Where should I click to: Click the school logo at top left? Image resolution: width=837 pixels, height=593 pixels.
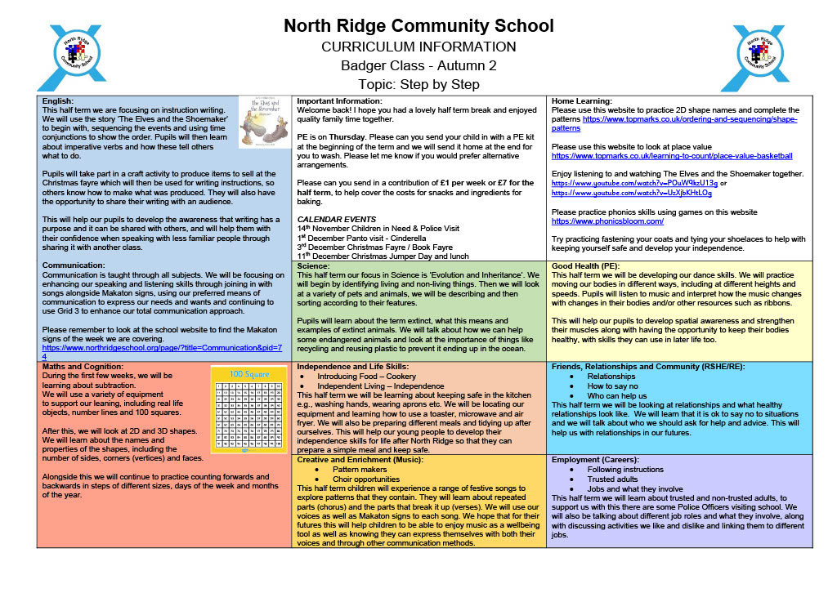[x=74, y=57]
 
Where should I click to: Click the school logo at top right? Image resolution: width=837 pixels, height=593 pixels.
[x=762, y=57]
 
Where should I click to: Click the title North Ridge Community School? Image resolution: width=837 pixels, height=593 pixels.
[x=418, y=26]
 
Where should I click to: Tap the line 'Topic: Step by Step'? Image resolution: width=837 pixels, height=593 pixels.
[x=418, y=84]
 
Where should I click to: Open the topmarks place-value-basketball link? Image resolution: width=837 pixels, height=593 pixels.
[x=672, y=155]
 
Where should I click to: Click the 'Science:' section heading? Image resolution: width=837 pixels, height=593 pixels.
[x=314, y=266]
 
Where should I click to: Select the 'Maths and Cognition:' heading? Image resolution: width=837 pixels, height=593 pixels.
[x=82, y=366]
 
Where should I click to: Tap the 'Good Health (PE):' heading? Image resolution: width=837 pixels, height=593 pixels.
[x=586, y=266]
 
